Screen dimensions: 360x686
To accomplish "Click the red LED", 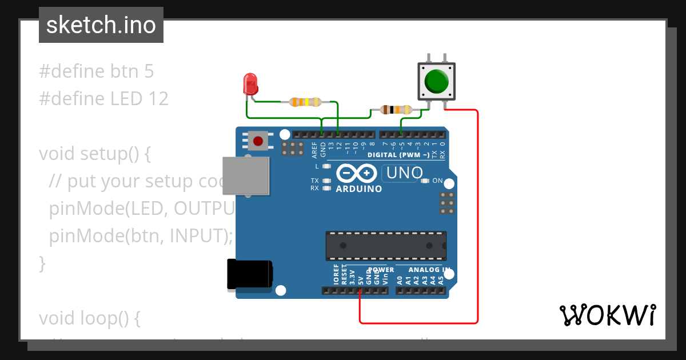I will pos(250,83).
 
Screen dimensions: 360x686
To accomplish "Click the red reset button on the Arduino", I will pos(258,141).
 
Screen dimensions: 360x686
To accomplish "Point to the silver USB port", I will pos(245,175).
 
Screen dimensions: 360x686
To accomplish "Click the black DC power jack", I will pos(249,274).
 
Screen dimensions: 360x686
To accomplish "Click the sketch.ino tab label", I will pos(101,25).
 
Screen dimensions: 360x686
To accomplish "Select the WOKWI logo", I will pos(607,315).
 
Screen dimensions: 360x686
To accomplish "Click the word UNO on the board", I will pos(405,173).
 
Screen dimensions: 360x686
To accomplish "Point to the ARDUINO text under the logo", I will pos(359,189).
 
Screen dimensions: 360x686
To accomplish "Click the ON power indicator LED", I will pos(425,181).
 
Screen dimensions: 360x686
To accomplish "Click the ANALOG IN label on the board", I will pos(429,270).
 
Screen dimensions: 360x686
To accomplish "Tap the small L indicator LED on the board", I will pos(326,166).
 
